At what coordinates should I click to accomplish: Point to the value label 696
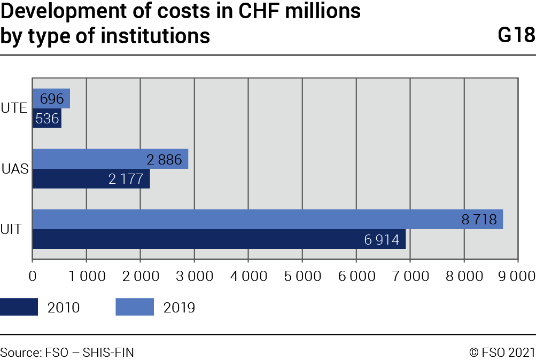click(51, 99)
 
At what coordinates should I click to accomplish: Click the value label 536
click(47, 119)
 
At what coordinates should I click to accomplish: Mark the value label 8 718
click(479, 220)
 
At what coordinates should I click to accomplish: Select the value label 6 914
click(382, 240)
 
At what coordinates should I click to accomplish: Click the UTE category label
click(14, 108)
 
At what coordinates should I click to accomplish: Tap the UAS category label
click(15, 169)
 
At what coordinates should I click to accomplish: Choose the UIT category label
click(12, 230)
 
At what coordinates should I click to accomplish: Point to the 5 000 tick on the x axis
click(302, 276)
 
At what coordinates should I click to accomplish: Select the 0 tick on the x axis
click(33, 276)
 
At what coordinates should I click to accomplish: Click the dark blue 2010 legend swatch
click(19, 307)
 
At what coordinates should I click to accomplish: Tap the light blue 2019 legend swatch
click(134, 307)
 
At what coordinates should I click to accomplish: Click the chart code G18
click(516, 35)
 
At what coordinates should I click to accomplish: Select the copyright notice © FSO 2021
click(502, 352)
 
